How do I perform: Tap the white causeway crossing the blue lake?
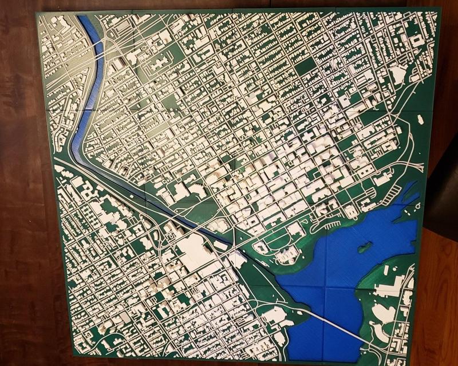[338, 326]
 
